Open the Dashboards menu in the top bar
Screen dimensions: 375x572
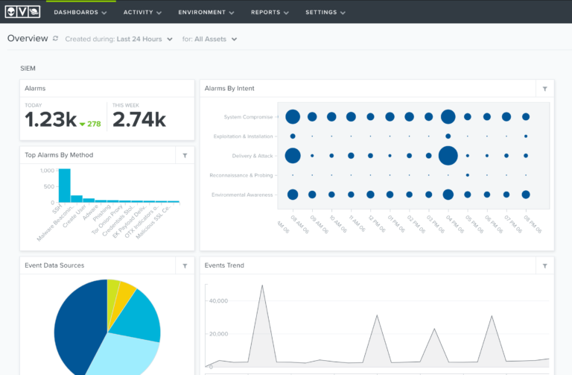tap(80, 12)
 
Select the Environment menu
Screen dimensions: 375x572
tap(206, 12)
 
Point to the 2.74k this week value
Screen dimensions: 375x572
tap(139, 120)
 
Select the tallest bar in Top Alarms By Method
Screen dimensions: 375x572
tap(65, 185)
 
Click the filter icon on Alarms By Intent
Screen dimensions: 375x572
tap(544, 89)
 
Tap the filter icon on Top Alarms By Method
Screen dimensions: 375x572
tap(185, 155)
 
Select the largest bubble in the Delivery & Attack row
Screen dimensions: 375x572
tap(448, 156)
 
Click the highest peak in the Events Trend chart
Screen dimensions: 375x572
tap(261, 286)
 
